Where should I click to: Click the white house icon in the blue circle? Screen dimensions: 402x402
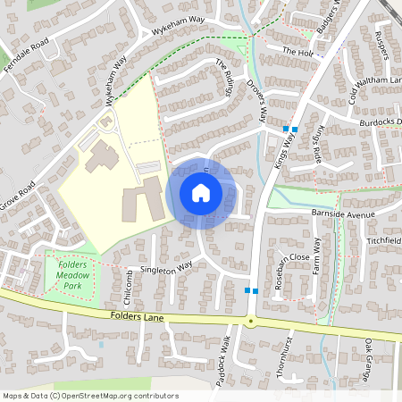coord(201,192)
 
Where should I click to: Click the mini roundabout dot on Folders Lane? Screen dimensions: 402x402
coord(251,321)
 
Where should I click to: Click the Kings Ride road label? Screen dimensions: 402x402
coord(319,142)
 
